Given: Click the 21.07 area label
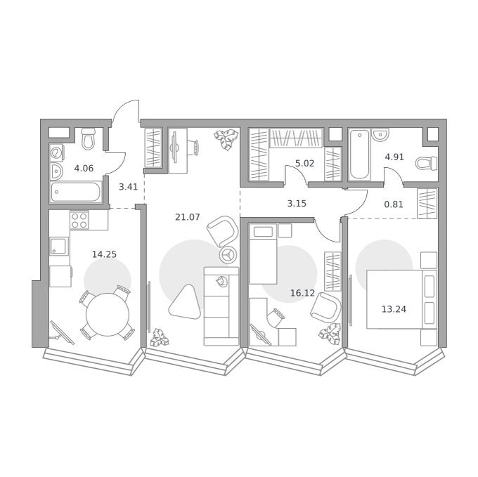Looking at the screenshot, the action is [x=188, y=217].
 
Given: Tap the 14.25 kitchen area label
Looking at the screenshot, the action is [x=104, y=254].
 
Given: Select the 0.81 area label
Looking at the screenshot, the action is [x=394, y=204].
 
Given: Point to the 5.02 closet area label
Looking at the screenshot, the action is [x=304, y=164].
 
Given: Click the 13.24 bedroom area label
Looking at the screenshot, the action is [x=394, y=310].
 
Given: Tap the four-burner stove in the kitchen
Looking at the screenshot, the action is [x=79, y=220].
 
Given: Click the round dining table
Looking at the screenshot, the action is [x=108, y=315].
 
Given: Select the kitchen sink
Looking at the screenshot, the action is [x=59, y=247].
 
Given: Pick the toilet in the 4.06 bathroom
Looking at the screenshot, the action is [x=89, y=138].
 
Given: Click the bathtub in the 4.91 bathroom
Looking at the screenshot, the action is [x=360, y=154].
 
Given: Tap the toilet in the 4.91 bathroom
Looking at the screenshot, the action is [x=426, y=163].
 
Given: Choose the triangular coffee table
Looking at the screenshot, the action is [x=186, y=302].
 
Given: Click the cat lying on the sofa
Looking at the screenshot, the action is [x=221, y=281].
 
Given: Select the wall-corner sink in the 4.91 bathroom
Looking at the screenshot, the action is [x=380, y=135].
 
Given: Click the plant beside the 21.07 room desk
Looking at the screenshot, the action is [x=226, y=139].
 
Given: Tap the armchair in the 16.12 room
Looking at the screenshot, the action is [x=325, y=308].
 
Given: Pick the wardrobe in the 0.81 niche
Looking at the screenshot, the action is [x=427, y=204].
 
